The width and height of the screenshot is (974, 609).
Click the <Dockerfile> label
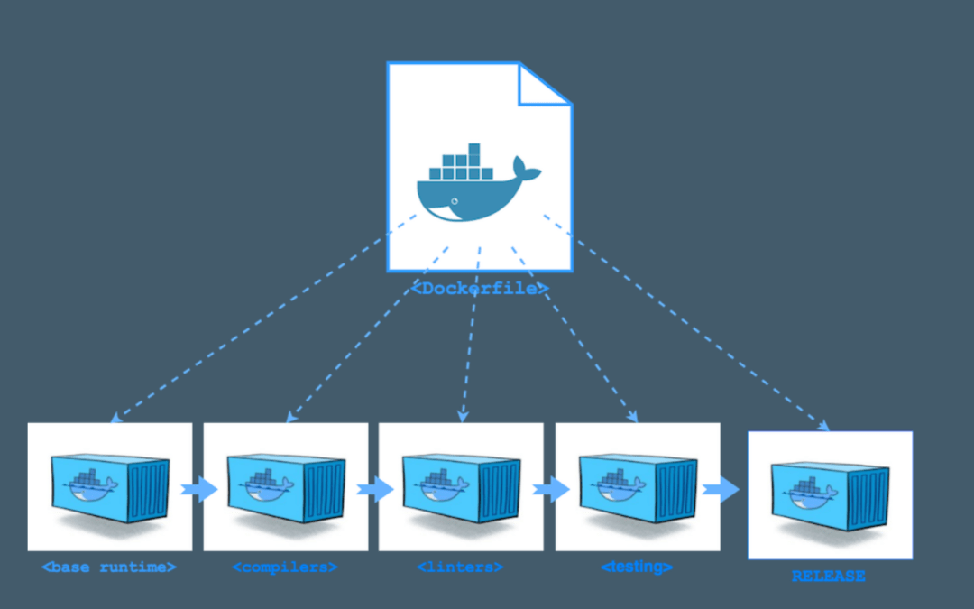coord(480,289)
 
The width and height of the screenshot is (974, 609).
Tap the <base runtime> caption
coord(108,567)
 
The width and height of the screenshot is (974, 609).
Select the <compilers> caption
coord(285,567)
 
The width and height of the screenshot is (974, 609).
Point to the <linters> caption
coord(460,567)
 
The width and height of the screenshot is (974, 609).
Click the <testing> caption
coord(637,567)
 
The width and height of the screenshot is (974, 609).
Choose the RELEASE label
coord(828,576)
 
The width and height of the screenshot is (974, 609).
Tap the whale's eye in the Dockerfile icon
coord(455,200)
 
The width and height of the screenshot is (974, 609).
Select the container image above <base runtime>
coord(110,487)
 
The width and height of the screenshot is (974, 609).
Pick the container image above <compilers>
coord(286,487)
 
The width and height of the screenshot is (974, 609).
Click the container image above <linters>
coord(461,487)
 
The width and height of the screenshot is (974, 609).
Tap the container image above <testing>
coord(638,487)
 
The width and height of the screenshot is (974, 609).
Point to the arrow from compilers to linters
coord(374,490)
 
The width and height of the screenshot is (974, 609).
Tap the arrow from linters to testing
coord(550,490)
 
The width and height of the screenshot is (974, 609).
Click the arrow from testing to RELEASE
coord(721,490)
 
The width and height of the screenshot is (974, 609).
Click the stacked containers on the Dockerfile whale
coord(461,163)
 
